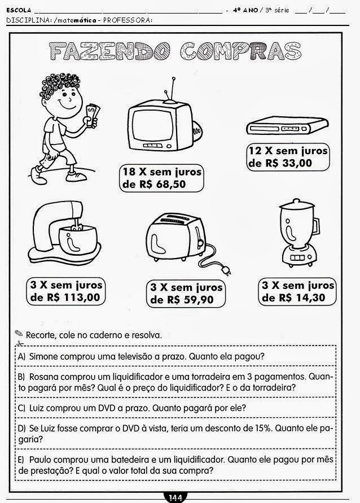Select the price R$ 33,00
pyautogui.click(x=287, y=163)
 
